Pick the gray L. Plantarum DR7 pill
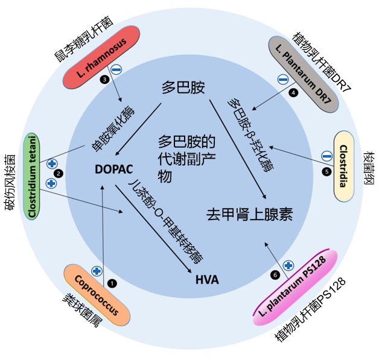coord(304,74)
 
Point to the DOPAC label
coord(113,169)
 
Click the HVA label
coord(207,280)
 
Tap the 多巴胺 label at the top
coord(183,87)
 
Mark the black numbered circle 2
coord(59,174)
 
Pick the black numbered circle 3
coord(105,79)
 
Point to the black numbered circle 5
coord(326,171)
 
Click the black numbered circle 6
coord(276,275)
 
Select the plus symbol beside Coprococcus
coord(96,271)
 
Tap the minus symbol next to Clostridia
coord(326,156)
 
